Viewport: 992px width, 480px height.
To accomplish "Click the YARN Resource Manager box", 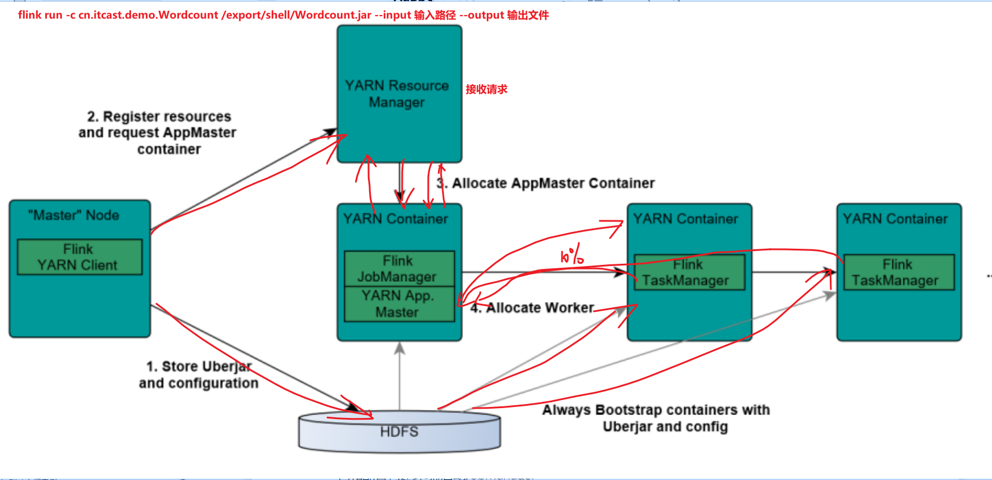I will tap(399, 93).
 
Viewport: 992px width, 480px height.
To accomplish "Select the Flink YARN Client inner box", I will tap(79, 257).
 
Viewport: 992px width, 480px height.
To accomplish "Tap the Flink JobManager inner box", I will tap(399, 268).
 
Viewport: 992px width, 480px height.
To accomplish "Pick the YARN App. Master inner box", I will tap(399, 304).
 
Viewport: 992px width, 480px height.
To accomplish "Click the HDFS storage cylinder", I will tap(399, 432).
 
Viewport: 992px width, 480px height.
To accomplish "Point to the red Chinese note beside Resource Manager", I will tap(486, 89).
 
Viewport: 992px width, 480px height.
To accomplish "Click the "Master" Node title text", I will tap(74, 215).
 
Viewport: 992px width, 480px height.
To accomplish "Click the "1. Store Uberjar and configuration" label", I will tap(198, 374).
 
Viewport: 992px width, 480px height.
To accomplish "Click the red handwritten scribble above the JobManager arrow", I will tap(571, 256).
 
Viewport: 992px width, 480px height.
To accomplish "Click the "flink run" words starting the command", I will tap(40, 14).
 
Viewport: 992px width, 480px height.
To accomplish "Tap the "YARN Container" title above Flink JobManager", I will tap(396, 219).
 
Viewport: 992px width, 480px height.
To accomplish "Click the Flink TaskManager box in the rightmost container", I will tap(898, 272).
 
